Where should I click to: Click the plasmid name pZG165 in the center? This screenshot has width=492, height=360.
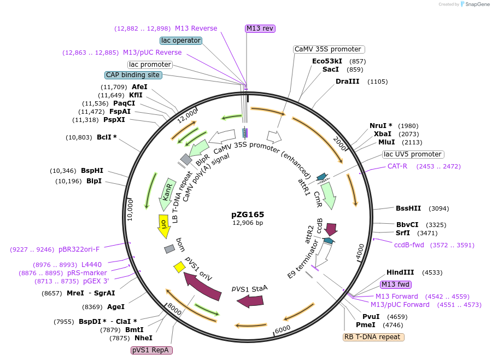click(248, 214)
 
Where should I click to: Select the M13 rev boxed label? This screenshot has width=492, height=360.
click(260, 28)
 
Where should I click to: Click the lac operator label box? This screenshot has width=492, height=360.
click(181, 40)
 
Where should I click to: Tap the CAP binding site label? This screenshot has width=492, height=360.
click(133, 75)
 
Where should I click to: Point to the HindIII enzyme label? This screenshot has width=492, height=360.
click(400, 272)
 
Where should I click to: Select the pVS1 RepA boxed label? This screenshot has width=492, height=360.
click(151, 350)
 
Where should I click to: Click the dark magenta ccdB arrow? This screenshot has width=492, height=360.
click(331, 229)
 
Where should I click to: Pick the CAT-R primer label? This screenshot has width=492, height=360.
click(397, 166)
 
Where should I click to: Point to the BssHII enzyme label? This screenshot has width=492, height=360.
click(408, 208)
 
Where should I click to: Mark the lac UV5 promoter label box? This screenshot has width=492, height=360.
click(412, 154)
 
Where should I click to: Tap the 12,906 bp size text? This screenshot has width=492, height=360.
click(248, 223)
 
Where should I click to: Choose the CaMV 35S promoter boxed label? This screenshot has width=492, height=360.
click(328, 49)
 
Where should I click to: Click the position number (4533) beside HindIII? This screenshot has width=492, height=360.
click(429, 272)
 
